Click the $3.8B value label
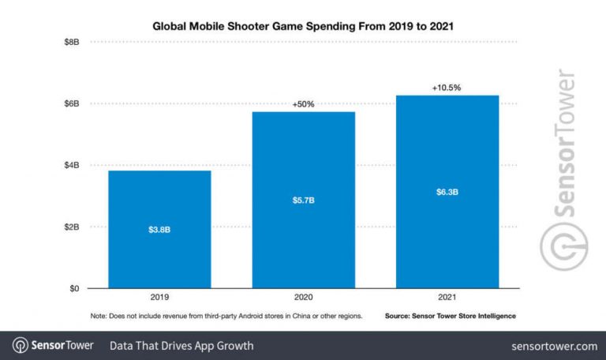tap(159, 230)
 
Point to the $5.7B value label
tap(303, 200)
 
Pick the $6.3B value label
tap(447, 192)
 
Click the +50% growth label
tap(303, 104)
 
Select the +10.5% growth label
tap(447, 88)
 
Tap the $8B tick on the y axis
tap(71, 42)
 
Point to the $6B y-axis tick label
tap(71, 103)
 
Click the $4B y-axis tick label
tap(71, 165)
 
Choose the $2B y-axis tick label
tap(71, 227)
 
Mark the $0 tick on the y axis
tap(73, 289)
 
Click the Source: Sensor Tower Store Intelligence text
tap(451, 316)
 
